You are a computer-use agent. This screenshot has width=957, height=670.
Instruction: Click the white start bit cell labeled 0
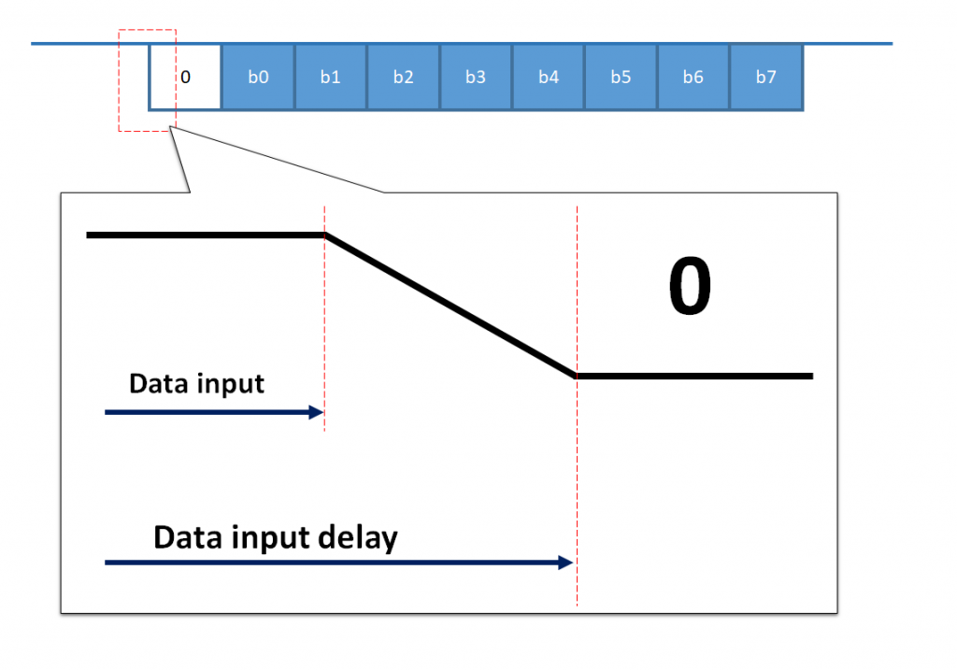[185, 78]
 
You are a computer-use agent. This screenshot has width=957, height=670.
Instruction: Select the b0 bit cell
[258, 78]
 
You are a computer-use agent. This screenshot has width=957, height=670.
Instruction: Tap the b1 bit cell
[331, 78]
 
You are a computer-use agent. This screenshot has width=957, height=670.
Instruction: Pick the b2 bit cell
[403, 78]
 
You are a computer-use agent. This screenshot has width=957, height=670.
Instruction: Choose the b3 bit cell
[476, 78]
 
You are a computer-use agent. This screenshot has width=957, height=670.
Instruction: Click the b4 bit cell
[549, 78]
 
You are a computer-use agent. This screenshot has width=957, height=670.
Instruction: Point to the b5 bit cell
[621, 78]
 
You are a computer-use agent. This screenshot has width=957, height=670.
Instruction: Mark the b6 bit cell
[693, 78]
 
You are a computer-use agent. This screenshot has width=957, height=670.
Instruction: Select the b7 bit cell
[766, 78]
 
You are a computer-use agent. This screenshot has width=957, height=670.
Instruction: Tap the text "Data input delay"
[276, 538]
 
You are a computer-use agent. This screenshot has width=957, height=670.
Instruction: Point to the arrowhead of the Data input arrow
[318, 411]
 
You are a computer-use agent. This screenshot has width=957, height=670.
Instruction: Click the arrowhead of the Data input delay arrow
[565, 563]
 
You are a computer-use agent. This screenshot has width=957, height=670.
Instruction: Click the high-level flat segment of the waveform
[206, 235]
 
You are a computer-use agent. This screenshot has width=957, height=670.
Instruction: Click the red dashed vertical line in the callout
[324, 327]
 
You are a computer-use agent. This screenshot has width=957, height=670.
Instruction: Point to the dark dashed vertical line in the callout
[578, 467]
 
